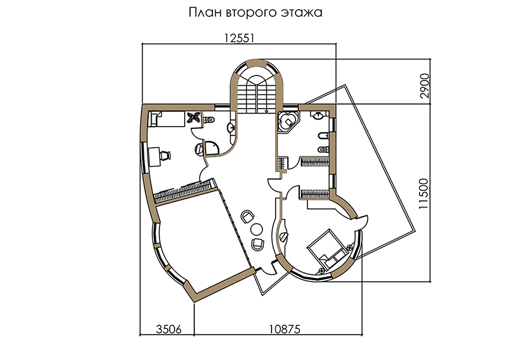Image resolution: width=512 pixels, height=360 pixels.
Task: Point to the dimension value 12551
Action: [239, 38]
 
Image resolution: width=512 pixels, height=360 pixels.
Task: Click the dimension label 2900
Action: [424, 86]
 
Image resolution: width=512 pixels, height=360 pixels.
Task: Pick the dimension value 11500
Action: [423, 194]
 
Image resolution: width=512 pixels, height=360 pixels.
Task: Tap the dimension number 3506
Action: [168, 329]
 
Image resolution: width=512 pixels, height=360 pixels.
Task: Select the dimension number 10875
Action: [284, 329]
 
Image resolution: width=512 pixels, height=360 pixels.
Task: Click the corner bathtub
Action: [288, 122]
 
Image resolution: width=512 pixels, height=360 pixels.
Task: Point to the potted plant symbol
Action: [194, 118]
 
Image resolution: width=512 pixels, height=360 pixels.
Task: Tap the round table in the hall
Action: [257, 229]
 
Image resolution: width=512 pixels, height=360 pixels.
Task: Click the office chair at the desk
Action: [165, 155]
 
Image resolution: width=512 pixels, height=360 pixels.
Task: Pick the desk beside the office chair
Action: [154, 157]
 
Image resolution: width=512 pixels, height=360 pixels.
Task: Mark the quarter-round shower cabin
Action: [211, 148]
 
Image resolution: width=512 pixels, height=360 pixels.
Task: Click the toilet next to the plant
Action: [209, 120]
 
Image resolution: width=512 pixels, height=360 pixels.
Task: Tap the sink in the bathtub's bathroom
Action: [318, 115]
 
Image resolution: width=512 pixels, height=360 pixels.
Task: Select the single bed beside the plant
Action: [167, 119]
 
